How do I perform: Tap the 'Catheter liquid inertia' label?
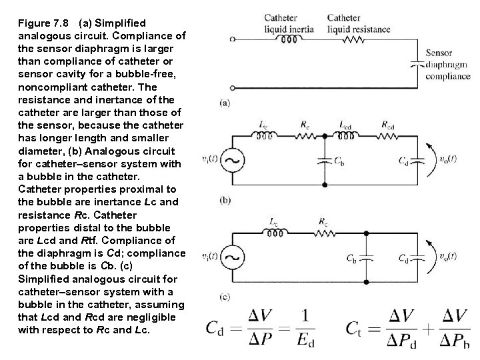pos(291,23)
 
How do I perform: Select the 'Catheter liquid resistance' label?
pos(353,23)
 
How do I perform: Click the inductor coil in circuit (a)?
pos(290,39)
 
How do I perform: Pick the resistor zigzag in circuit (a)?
pos(353,39)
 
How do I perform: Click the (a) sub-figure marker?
pos(225,103)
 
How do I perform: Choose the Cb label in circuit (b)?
pos(338,161)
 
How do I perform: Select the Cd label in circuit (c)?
pos(403,257)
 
